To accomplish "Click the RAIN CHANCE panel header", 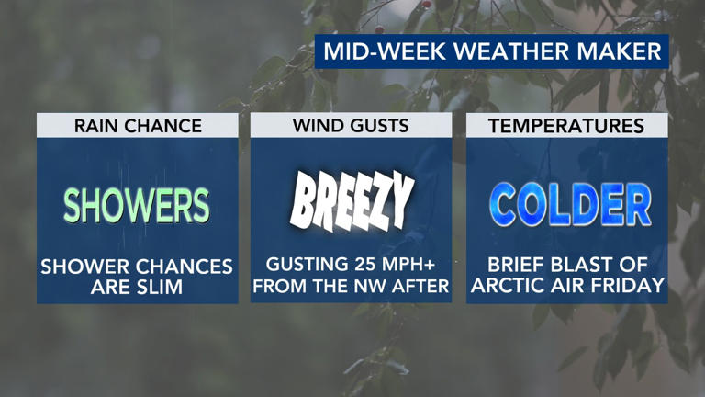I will [137, 126].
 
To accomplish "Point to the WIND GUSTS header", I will [351, 126].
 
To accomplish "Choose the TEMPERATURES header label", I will [566, 126].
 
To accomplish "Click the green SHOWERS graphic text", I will [137, 205].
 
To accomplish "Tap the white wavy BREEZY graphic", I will [352, 201].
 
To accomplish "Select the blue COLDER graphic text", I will [569, 203].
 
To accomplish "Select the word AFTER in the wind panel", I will [424, 287].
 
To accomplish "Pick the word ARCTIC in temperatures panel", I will [507, 287].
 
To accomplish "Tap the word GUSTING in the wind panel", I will [296, 266].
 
